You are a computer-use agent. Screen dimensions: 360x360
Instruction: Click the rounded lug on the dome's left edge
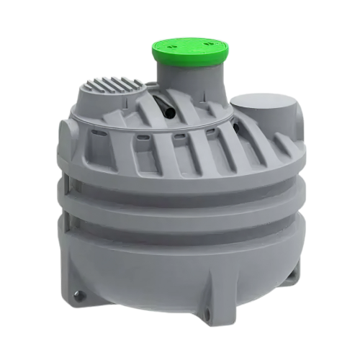[66, 130]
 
